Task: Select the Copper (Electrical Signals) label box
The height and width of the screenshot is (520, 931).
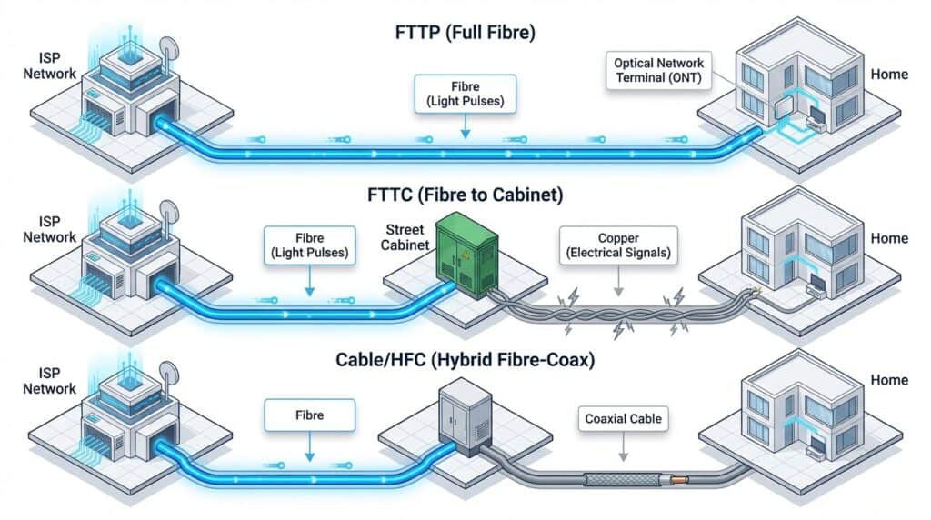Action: click(x=617, y=243)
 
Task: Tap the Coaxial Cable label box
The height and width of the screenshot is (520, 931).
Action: click(x=624, y=420)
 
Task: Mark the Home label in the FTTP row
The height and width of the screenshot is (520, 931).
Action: click(x=888, y=74)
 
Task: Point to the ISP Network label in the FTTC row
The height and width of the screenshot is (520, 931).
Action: click(x=49, y=229)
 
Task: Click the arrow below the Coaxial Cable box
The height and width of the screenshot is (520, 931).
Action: click(x=624, y=451)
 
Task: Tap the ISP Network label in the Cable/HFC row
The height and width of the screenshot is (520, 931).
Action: click(x=49, y=381)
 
